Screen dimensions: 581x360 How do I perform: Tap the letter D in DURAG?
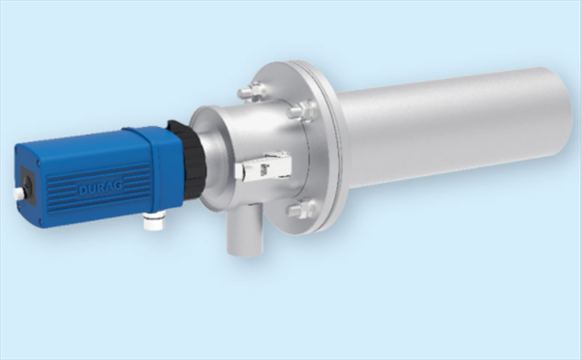(x=82, y=191)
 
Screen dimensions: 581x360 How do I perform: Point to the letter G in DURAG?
(x=118, y=186)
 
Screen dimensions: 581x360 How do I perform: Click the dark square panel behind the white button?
(x=26, y=184)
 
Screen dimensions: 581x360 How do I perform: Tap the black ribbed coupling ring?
(x=188, y=155)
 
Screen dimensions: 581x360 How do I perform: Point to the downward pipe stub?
(x=245, y=231)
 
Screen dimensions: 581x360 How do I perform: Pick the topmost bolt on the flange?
(x=251, y=92)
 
